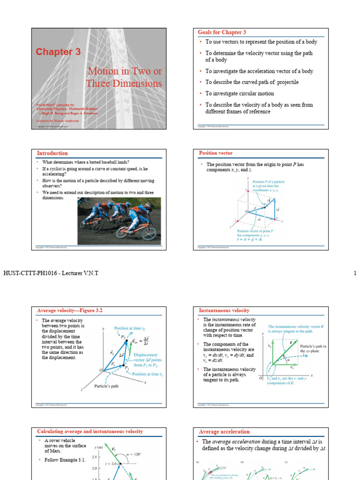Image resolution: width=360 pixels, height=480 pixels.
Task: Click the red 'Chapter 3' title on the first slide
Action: [x=58, y=52]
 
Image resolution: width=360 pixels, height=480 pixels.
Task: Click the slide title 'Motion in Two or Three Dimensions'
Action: [x=124, y=77]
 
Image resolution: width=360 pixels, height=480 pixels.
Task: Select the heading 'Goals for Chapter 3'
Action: [x=222, y=32]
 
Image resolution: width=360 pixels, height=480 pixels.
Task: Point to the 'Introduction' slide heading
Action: [x=52, y=153]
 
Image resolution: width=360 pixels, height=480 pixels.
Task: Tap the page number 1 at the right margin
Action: [x=355, y=273]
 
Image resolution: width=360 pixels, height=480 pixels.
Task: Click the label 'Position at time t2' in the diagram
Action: [x=130, y=329]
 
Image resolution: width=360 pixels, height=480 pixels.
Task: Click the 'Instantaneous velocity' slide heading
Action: [x=224, y=310]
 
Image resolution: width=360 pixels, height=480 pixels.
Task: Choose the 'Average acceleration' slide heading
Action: [x=224, y=432]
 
